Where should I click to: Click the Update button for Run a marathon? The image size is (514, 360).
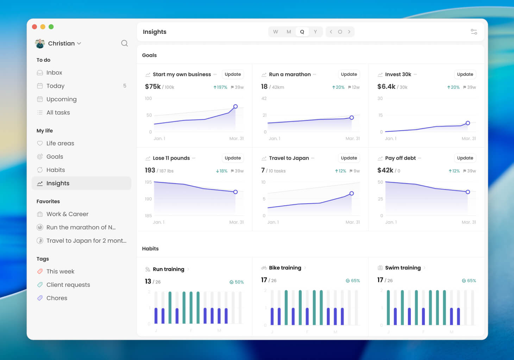pyautogui.click(x=349, y=74)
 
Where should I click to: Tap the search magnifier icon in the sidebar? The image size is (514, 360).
pyautogui.click(x=124, y=43)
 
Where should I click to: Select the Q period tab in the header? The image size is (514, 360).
pyautogui.click(x=302, y=32)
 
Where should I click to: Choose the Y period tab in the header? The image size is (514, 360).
pyautogui.click(x=315, y=32)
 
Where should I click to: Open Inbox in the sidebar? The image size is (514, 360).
pyautogui.click(x=54, y=73)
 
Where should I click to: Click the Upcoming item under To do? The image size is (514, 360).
pyautogui.click(x=61, y=99)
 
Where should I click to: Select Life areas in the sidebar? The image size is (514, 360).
pyautogui.click(x=60, y=143)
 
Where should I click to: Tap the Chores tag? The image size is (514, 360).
pyautogui.click(x=57, y=298)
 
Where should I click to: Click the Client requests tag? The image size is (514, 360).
pyautogui.click(x=68, y=285)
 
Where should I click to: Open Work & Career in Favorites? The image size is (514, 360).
pyautogui.click(x=67, y=214)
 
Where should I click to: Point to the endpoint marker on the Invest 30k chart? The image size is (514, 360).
pyautogui.click(x=468, y=123)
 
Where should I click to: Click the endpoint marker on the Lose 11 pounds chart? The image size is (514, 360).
pyautogui.click(x=236, y=192)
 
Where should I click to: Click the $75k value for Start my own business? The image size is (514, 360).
pyautogui.click(x=153, y=87)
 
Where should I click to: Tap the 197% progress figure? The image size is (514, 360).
pyautogui.click(x=220, y=87)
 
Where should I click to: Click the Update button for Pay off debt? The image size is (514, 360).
pyautogui.click(x=465, y=158)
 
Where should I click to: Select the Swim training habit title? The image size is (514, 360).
pyautogui.click(x=403, y=268)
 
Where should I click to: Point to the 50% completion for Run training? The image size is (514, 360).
pyautogui.click(x=237, y=282)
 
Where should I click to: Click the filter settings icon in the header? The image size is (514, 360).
pyautogui.click(x=474, y=32)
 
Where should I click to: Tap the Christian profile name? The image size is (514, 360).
pyautogui.click(x=61, y=43)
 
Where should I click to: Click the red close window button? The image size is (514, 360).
pyautogui.click(x=35, y=27)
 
